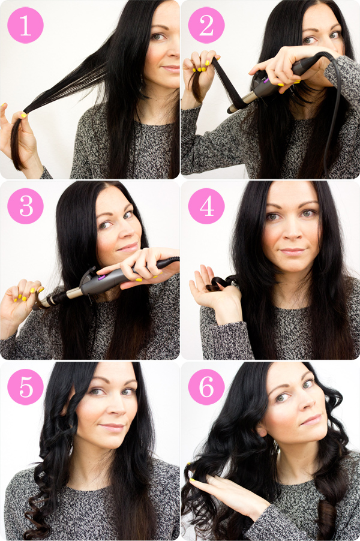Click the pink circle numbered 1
point(26,25)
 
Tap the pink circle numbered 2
point(206,25)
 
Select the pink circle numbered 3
point(26,206)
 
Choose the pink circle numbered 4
point(206,206)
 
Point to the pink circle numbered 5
point(26,387)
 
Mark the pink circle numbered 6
point(206,387)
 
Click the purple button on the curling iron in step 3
point(101,277)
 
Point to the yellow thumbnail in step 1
point(23,115)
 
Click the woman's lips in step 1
point(172,68)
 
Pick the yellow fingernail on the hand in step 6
point(192,480)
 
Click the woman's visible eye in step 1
point(158,36)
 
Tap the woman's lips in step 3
point(128,247)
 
